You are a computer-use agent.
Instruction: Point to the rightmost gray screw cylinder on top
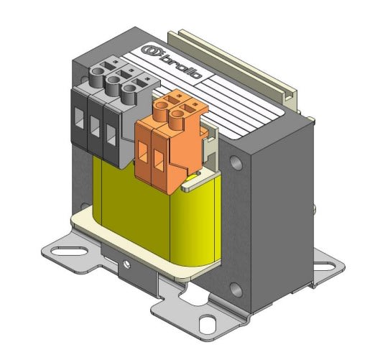(x=129, y=90)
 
